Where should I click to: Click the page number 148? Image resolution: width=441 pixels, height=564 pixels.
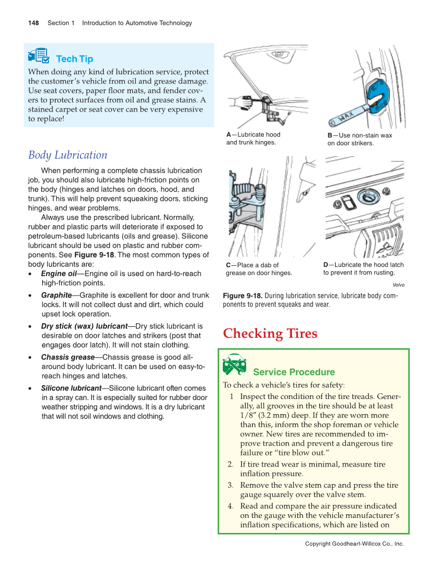point(33,23)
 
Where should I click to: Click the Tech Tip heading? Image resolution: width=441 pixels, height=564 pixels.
point(74,59)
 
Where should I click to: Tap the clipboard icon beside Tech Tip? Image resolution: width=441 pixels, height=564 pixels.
point(39,56)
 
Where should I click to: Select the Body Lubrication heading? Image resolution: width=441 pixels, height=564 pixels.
point(68,155)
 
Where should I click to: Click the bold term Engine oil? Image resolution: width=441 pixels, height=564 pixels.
point(59,273)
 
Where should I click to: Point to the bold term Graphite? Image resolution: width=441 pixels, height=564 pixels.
point(56,295)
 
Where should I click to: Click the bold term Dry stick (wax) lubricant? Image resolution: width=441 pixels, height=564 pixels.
point(84,326)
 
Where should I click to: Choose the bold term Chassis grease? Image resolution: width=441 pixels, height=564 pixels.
point(68,357)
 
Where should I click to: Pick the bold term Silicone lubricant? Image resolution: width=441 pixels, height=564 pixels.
point(71,388)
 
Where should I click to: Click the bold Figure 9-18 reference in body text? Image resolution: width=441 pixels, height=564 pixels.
point(94,255)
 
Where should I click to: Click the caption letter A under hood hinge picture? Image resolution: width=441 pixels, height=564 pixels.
point(229,135)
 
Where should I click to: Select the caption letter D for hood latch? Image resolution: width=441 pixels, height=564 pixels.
point(326,265)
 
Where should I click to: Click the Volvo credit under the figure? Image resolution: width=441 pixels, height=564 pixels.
point(398,285)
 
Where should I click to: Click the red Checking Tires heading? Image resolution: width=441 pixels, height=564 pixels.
point(270,333)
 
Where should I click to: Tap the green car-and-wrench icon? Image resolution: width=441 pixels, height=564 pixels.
point(234,365)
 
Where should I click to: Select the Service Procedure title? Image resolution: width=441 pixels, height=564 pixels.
point(293,372)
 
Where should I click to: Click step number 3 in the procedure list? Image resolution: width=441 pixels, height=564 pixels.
point(230,485)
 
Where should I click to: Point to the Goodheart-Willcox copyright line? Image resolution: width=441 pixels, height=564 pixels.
point(354,544)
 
